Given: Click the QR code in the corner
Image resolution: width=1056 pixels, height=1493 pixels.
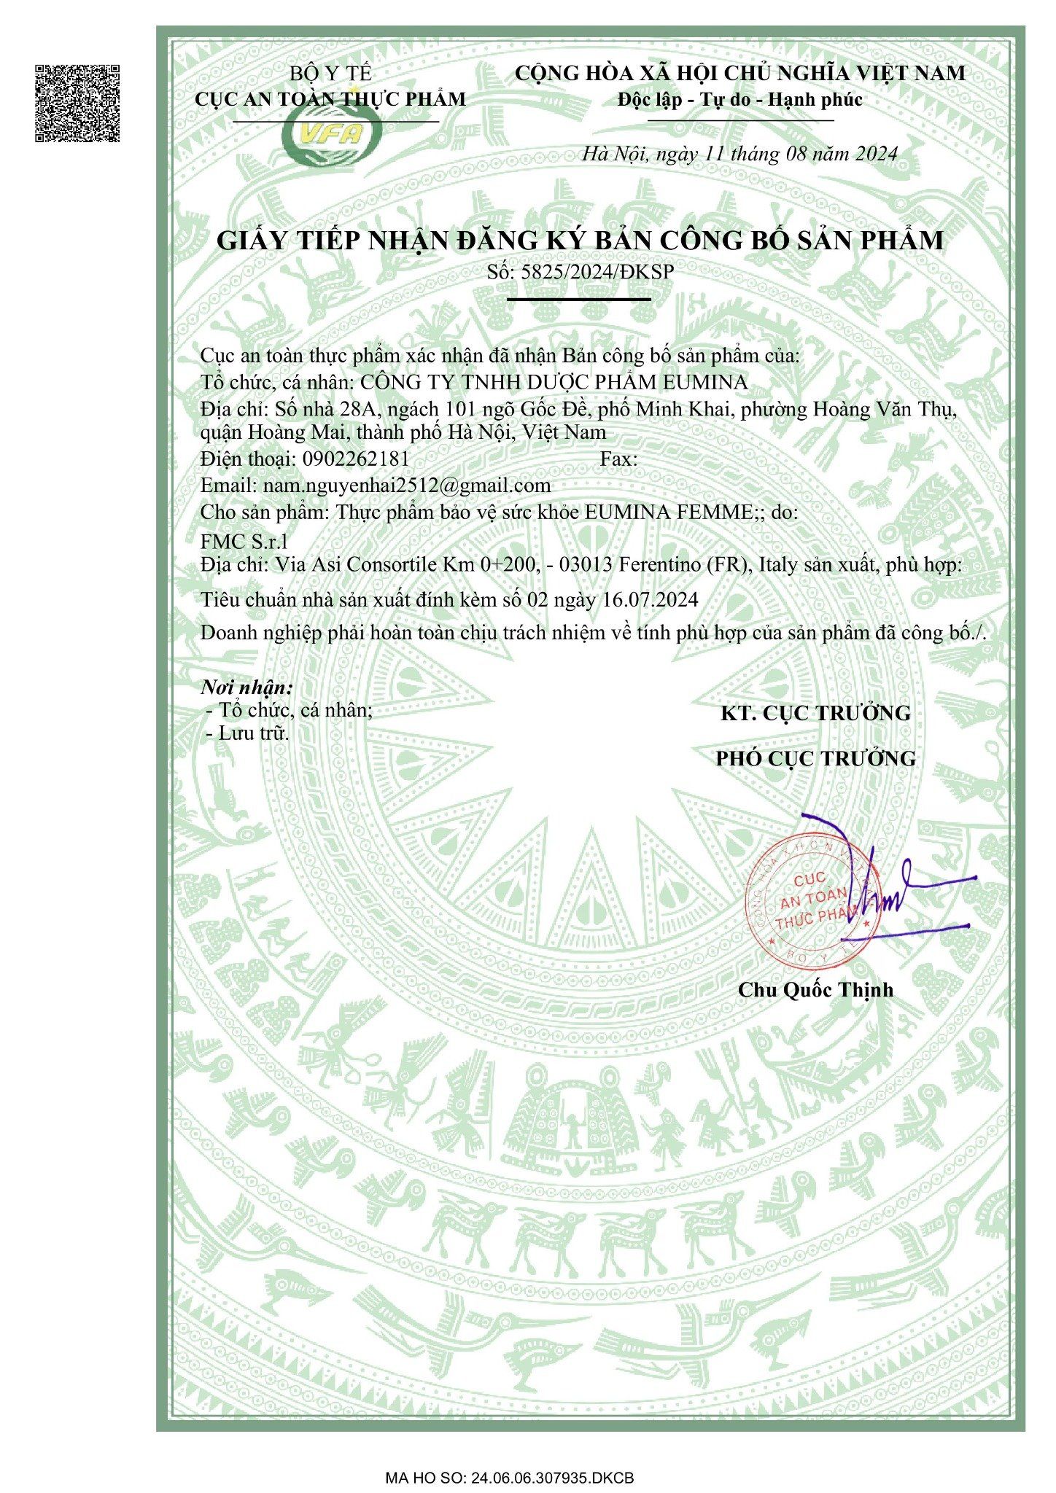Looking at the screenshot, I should pyautogui.click(x=77, y=103).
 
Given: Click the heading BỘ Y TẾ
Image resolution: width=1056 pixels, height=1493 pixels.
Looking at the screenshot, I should pyautogui.click(x=330, y=74).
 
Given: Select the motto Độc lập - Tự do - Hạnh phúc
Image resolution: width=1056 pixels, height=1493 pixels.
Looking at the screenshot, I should pyautogui.click(x=739, y=100).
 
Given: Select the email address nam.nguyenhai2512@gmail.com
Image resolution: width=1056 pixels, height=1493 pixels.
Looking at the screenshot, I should pyautogui.click(x=407, y=486).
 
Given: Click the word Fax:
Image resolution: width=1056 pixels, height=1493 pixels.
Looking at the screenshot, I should pyautogui.click(x=618, y=459).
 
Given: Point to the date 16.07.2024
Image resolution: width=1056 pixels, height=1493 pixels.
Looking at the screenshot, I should pyautogui.click(x=651, y=600).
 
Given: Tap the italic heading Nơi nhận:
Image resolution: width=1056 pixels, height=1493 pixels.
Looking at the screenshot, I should pyautogui.click(x=247, y=687).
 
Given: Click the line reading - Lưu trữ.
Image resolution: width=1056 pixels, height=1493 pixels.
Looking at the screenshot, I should pyautogui.click(x=249, y=733).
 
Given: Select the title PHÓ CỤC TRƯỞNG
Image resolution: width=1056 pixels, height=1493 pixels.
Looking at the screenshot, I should pyautogui.click(x=815, y=759).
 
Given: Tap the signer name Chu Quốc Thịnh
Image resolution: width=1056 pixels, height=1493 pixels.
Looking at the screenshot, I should pyautogui.click(x=815, y=990).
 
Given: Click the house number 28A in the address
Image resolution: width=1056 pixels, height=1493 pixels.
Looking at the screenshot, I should pyautogui.click(x=357, y=410).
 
